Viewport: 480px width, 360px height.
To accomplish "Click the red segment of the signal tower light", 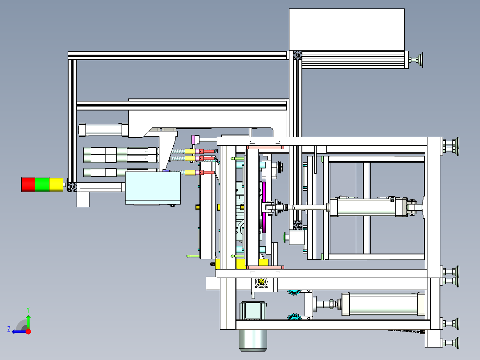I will (x=28, y=184).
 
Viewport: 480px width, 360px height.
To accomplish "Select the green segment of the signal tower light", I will (x=42, y=184).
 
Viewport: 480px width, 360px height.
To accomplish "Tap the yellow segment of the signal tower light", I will (x=56, y=184).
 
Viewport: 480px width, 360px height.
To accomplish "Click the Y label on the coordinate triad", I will (x=28, y=309).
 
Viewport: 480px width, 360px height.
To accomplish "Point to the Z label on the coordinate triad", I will (x=9, y=329).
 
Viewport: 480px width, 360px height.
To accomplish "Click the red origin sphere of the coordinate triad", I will (x=28, y=331).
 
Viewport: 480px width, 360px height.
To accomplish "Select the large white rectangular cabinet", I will (x=346, y=29).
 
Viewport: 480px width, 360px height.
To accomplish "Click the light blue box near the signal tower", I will (x=153, y=188).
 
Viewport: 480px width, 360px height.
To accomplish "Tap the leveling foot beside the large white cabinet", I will (x=419, y=59).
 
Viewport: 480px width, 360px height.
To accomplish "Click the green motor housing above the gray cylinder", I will (x=252, y=311).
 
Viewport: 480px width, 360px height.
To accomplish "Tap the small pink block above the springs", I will (x=194, y=139).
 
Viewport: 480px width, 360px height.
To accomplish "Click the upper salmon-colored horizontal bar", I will (x=265, y=146).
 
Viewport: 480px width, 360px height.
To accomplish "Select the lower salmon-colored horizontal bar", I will (x=265, y=267).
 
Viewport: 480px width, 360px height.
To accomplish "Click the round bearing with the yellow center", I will (x=260, y=282).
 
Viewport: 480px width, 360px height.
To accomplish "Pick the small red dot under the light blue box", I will (x=173, y=205).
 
